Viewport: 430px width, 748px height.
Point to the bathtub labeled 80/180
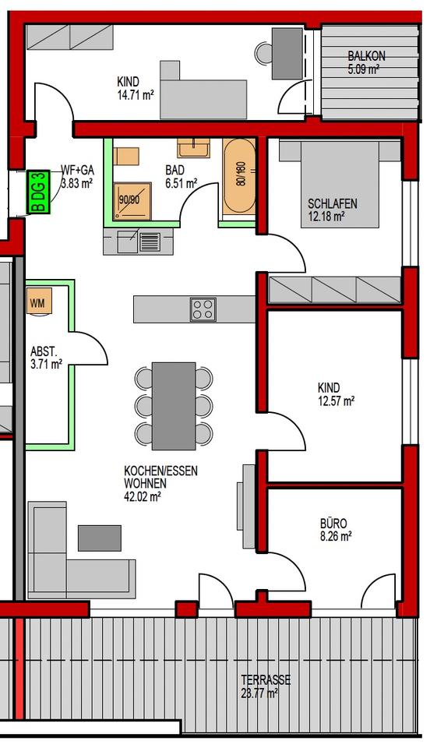pyautogui.click(x=238, y=178)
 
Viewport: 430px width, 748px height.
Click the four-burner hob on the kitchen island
pyautogui.click(x=203, y=309)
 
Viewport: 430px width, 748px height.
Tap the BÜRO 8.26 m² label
pyautogui.click(x=336, y=530)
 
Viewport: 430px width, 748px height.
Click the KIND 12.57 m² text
pyautogui.click(x=336, y=394)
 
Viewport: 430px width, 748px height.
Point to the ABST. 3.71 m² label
pyautogui.click(x=46, y=357)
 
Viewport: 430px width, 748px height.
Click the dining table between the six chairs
pyautogui.click(x=173, y=405)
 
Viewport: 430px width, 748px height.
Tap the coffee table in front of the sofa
pyautogui.click(x=100, y=538)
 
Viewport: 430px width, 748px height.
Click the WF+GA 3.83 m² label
pyautogui.click(x=76, y=178)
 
